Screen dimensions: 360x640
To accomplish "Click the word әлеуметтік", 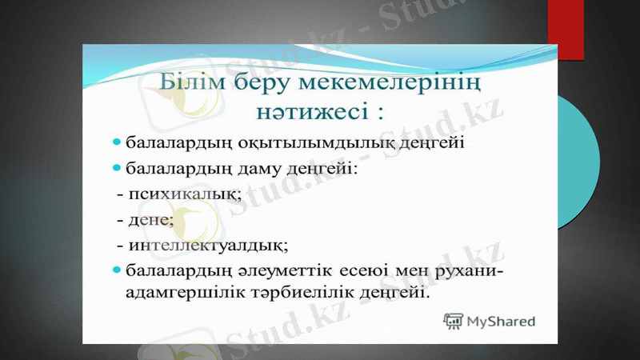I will (283, 269).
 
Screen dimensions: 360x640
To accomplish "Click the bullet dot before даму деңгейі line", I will (118, 170).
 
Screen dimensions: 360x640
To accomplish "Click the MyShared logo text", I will (501, 322).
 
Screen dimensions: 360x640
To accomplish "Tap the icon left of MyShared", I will (454, 321).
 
